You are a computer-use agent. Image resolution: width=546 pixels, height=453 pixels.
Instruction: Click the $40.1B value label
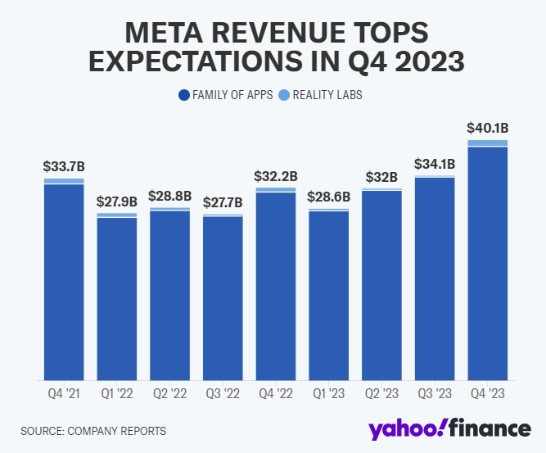(x=487, y=128)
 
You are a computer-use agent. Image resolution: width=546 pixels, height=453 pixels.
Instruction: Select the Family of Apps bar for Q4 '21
(x=65, y=282)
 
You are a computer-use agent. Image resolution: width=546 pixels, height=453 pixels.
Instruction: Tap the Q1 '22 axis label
(x=117, y=393)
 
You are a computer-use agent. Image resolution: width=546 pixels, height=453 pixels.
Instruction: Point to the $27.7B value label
(x=223, y=202)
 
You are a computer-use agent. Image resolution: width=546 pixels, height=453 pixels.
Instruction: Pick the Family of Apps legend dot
(x=183, y=95)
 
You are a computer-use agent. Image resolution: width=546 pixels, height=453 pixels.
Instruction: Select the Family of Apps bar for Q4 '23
(x=487, y=263)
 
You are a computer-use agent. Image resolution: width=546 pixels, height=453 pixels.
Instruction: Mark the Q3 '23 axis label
(x=435, y=393)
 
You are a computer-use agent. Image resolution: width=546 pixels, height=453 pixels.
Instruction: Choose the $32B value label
(x=381, y=177)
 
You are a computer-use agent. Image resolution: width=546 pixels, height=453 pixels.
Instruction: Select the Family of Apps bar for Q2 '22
(x=170, y=295)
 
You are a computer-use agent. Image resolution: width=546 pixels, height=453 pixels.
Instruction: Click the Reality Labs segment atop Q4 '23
(x=487, y=143)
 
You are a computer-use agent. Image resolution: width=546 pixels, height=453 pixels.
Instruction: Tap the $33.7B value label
(x=65, y=166)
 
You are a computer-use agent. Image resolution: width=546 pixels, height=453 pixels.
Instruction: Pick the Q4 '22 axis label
(x=276, y=393)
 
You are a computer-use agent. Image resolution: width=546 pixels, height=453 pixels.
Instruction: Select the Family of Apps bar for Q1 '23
(x=329, y=296)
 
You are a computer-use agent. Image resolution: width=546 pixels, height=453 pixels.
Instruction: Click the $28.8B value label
(x=170, y=197)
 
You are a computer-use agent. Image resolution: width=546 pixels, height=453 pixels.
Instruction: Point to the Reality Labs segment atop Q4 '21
(x=65, y=181)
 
